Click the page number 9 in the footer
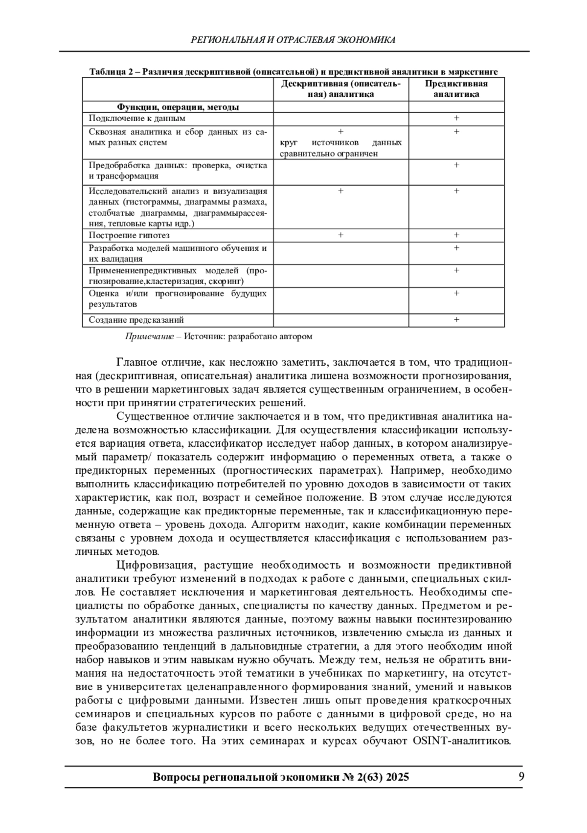(x=521, y=777)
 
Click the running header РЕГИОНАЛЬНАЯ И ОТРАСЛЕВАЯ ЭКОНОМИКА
(x=293, y=40)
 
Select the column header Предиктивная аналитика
(x=456, y=88)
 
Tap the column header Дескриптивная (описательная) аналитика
(x=340, y=88)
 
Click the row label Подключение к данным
(x=137, y=118)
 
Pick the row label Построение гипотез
(x=129, y=235)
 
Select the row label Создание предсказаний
(x=136, y=320)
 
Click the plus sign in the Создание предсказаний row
(x=456, y=320)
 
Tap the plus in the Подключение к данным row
(x=456, y=118)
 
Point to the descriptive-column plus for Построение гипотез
(x=340, y=235)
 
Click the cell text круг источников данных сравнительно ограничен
(x=340, y=148)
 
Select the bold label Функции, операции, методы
(x=178, y=107)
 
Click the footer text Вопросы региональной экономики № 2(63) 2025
(x=281, y=777)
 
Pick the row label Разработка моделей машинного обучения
(x=178, y=248)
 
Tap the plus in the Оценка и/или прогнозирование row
(x=456, y=293)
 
